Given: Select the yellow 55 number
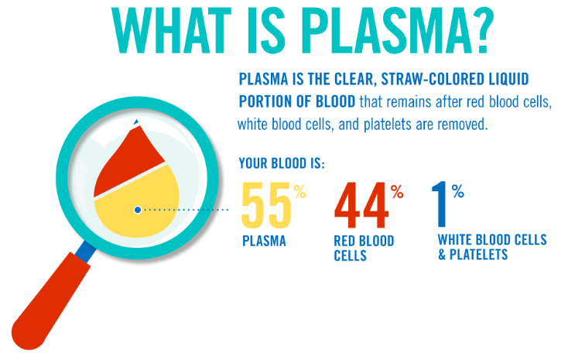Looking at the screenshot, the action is (x=266, y=205).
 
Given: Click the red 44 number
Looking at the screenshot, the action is (x=361, y=205).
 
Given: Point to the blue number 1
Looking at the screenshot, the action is (x=440, y=204).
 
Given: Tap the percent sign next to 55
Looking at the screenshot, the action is (x=300, y=191).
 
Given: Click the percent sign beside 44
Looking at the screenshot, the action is (x=397, y=191).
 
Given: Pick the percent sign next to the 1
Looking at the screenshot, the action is (x=458, y=190).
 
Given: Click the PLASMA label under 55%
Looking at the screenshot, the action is (x=264, y=241).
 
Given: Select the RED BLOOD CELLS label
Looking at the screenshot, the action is (x=364, y=249).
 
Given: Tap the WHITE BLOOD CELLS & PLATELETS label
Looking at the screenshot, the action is (x=492, y=247).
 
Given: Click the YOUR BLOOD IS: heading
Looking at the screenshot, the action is (x=282, y=163).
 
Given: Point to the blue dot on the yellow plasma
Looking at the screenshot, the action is (x=138, y=210).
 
